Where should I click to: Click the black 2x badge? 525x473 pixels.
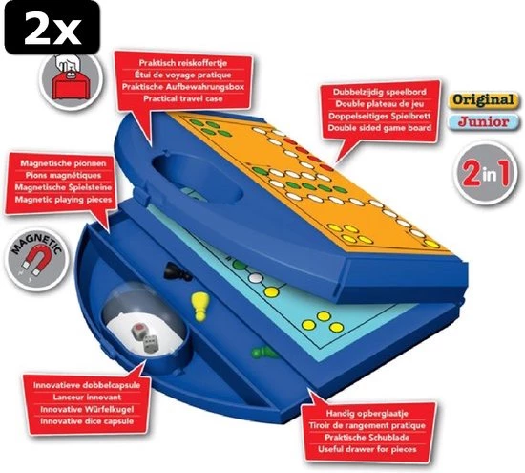tap(52, 28)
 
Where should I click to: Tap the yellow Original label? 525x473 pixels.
tap(484, 100)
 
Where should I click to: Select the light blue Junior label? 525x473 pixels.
tap(484, 121)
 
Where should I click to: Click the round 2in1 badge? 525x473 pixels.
tap(486, 173)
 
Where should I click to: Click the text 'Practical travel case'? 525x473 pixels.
tap(183, 98)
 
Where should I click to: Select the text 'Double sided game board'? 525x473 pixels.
tap(379, 128)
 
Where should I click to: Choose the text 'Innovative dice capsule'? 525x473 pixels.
tap(87, 421)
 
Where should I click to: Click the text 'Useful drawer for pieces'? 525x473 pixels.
tap(367, 449)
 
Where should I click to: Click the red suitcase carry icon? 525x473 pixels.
tap(71, 80)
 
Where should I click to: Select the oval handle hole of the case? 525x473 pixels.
tap(198, 178)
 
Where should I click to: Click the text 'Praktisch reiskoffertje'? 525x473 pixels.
tap(183, 63)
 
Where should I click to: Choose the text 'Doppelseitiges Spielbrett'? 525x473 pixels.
tap(379, 116)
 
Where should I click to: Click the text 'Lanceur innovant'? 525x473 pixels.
tap(87, 398)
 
